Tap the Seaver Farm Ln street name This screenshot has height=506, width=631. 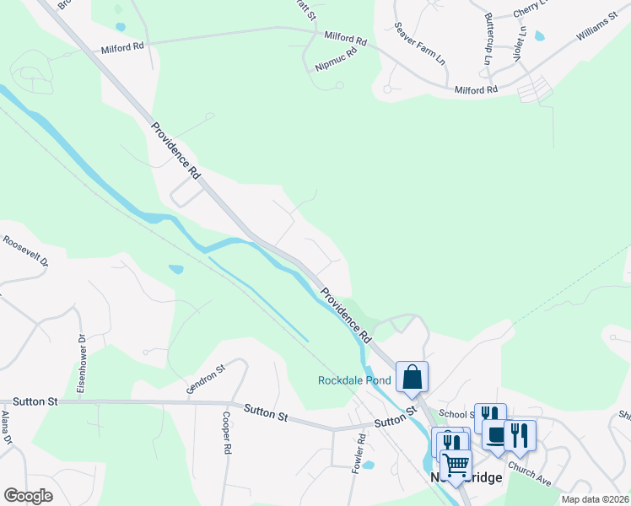418,43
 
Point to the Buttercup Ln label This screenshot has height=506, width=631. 488,39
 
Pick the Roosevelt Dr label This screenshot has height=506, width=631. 25,251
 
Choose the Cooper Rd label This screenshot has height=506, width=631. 226,435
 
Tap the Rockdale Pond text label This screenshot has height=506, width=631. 354,380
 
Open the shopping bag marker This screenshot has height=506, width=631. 412,377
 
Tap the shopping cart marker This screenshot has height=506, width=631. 456,466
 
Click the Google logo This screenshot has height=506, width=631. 28,496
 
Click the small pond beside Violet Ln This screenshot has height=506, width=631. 540,36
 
